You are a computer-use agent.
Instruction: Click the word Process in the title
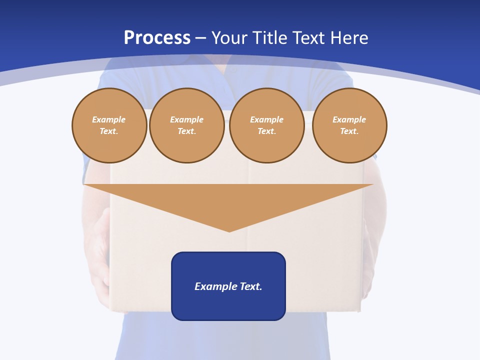click(x=157, y=38)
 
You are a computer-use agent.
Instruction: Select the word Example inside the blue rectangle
click(x=212, y=286)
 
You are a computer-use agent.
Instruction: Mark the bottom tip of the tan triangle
click(x=229, y=230)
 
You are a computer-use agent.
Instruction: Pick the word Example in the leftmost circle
click(x=109, y=120)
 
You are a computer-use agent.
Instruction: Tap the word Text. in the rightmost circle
click(x=349, y=131)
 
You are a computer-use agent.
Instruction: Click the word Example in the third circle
click(x=266, y=120)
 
